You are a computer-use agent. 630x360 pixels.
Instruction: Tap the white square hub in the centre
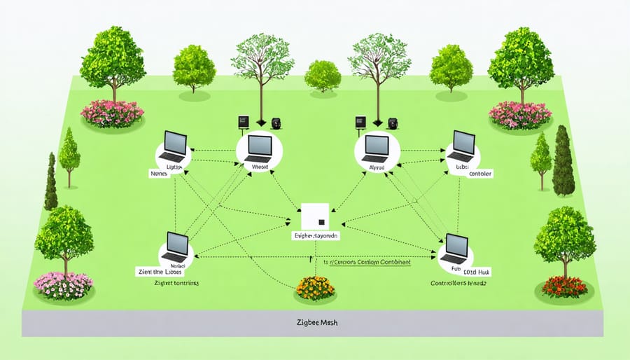click(x=314, y=216)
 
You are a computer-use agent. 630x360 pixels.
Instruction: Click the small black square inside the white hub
click(x=321, y=223)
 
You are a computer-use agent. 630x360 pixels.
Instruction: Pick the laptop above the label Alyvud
click(x=376, y=146)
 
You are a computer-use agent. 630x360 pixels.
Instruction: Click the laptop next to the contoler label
click(x=462, y=146)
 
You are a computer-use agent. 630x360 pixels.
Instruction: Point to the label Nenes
click(x=160, y=172)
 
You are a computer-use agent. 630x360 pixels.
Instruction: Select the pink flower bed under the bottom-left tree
click(x=65, y=283)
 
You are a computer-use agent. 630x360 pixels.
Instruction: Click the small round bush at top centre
click(x=323, y=75)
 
